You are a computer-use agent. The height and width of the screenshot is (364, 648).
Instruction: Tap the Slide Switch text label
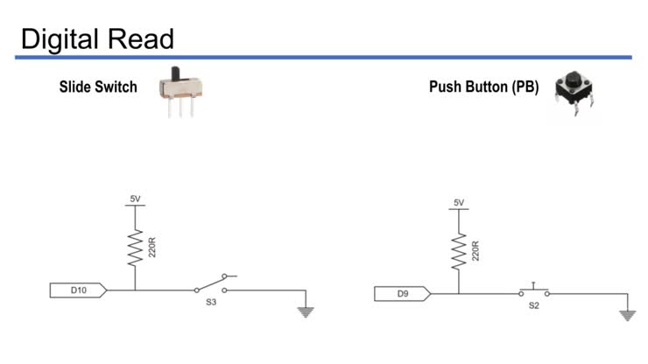(98, 87)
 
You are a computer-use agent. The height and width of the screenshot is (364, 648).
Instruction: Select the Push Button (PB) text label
(483, 87)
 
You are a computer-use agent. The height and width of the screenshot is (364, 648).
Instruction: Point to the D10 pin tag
(78, 290)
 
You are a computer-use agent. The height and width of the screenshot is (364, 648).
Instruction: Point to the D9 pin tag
(402, 294)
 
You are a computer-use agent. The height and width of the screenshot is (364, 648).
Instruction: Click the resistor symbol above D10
(136, 248)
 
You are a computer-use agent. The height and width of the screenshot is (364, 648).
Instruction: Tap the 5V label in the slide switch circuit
(135, 199)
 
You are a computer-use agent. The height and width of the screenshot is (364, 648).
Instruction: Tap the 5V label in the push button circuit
(459, 203)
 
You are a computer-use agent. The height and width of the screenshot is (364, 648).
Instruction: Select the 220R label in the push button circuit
(475, 252)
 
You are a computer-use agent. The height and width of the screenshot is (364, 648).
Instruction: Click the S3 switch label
(211, 302)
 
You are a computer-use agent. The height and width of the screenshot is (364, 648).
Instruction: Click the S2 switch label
(533, 306)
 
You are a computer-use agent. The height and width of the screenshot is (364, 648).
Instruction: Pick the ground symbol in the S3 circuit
(305, 311)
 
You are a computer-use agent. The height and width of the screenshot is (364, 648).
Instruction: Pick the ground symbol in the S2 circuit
(627, 315)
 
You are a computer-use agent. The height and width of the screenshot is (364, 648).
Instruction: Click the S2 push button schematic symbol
(533, 290)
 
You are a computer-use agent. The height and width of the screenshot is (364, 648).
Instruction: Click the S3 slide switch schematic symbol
(213, 284)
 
